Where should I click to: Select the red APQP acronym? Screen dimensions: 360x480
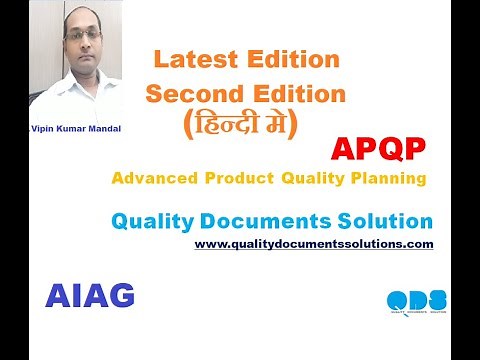tap(378, 150)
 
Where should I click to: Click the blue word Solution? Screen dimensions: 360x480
tap(383, 221)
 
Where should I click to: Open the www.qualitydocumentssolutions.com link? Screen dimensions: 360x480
tap(314, 243)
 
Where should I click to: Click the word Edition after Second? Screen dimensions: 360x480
tap(296, 95)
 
